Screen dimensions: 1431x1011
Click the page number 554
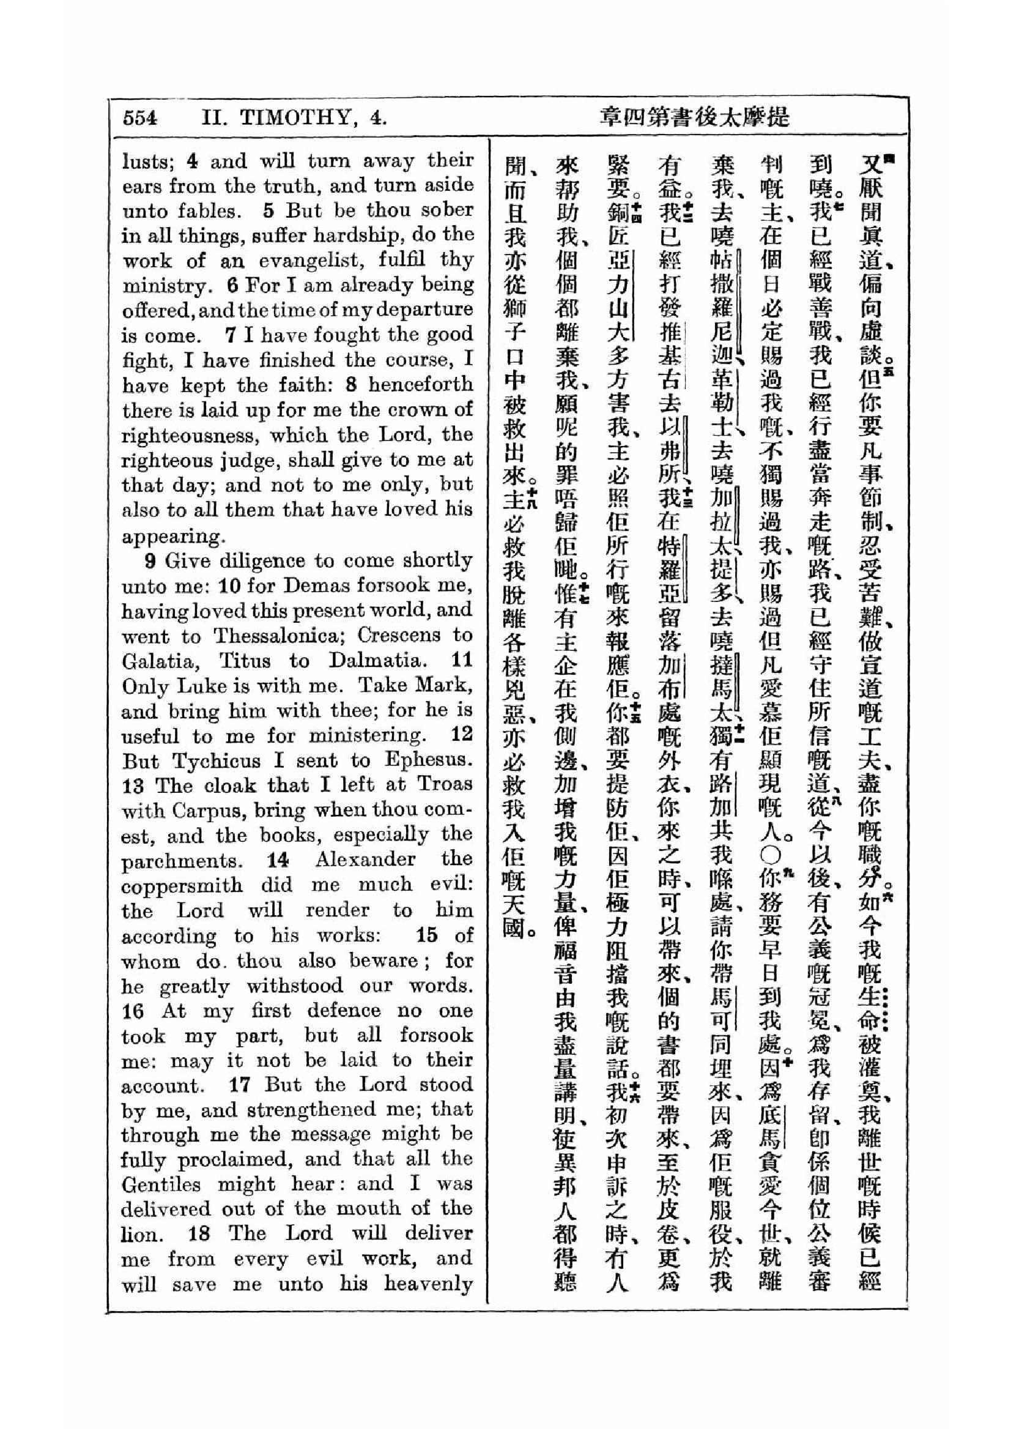tap(140, 118)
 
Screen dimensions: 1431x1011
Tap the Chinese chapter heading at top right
tap(694, 118)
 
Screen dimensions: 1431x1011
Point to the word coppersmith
tap(182, 886)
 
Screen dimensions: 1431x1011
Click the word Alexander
tap(365, 860)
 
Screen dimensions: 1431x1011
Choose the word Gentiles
tap(161, 1184)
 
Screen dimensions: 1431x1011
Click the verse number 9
tap(150, 561)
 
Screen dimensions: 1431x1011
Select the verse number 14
tap(278, 861)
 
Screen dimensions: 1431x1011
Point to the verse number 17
tap(240, 1085)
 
